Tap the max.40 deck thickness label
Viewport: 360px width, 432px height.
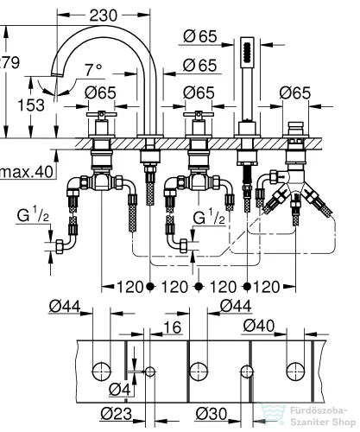tap(24, 173)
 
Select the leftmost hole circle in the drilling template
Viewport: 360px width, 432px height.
tap(101, 370)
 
